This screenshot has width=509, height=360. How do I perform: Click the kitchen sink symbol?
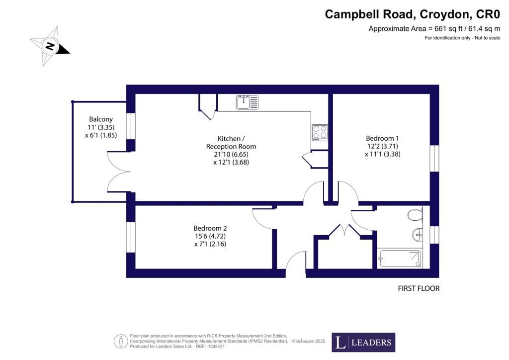(248, 102)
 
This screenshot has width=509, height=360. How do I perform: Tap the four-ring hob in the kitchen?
(320, 132)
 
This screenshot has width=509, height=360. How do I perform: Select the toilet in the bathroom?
(415, 215)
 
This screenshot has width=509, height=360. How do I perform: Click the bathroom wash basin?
(417, 235)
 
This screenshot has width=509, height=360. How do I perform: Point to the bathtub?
(400, 259)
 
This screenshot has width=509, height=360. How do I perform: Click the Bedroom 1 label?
(382, 138)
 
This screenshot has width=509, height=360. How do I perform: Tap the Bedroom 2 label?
(210, 228)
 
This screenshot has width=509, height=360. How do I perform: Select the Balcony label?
(101, 119)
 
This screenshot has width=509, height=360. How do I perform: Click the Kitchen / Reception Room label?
(231, 143)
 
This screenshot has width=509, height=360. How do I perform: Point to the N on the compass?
(50, 46)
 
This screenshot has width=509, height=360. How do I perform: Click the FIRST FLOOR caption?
(419, 288)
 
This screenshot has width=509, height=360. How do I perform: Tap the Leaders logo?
(363, 342)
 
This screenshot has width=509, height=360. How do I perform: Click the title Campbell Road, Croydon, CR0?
(412, 14)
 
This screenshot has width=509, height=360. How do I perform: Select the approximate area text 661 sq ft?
(446, 29)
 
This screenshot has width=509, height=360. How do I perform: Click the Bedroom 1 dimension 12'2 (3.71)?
(382, 146)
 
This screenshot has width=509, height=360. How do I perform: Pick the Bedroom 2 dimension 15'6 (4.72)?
(210, 236)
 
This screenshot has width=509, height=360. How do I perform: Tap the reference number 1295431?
(215, 347)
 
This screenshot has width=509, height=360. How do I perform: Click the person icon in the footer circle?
(121, 341)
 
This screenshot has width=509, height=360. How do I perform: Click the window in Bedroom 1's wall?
(434, 158)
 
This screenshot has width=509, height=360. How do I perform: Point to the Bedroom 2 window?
(131, 237)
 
